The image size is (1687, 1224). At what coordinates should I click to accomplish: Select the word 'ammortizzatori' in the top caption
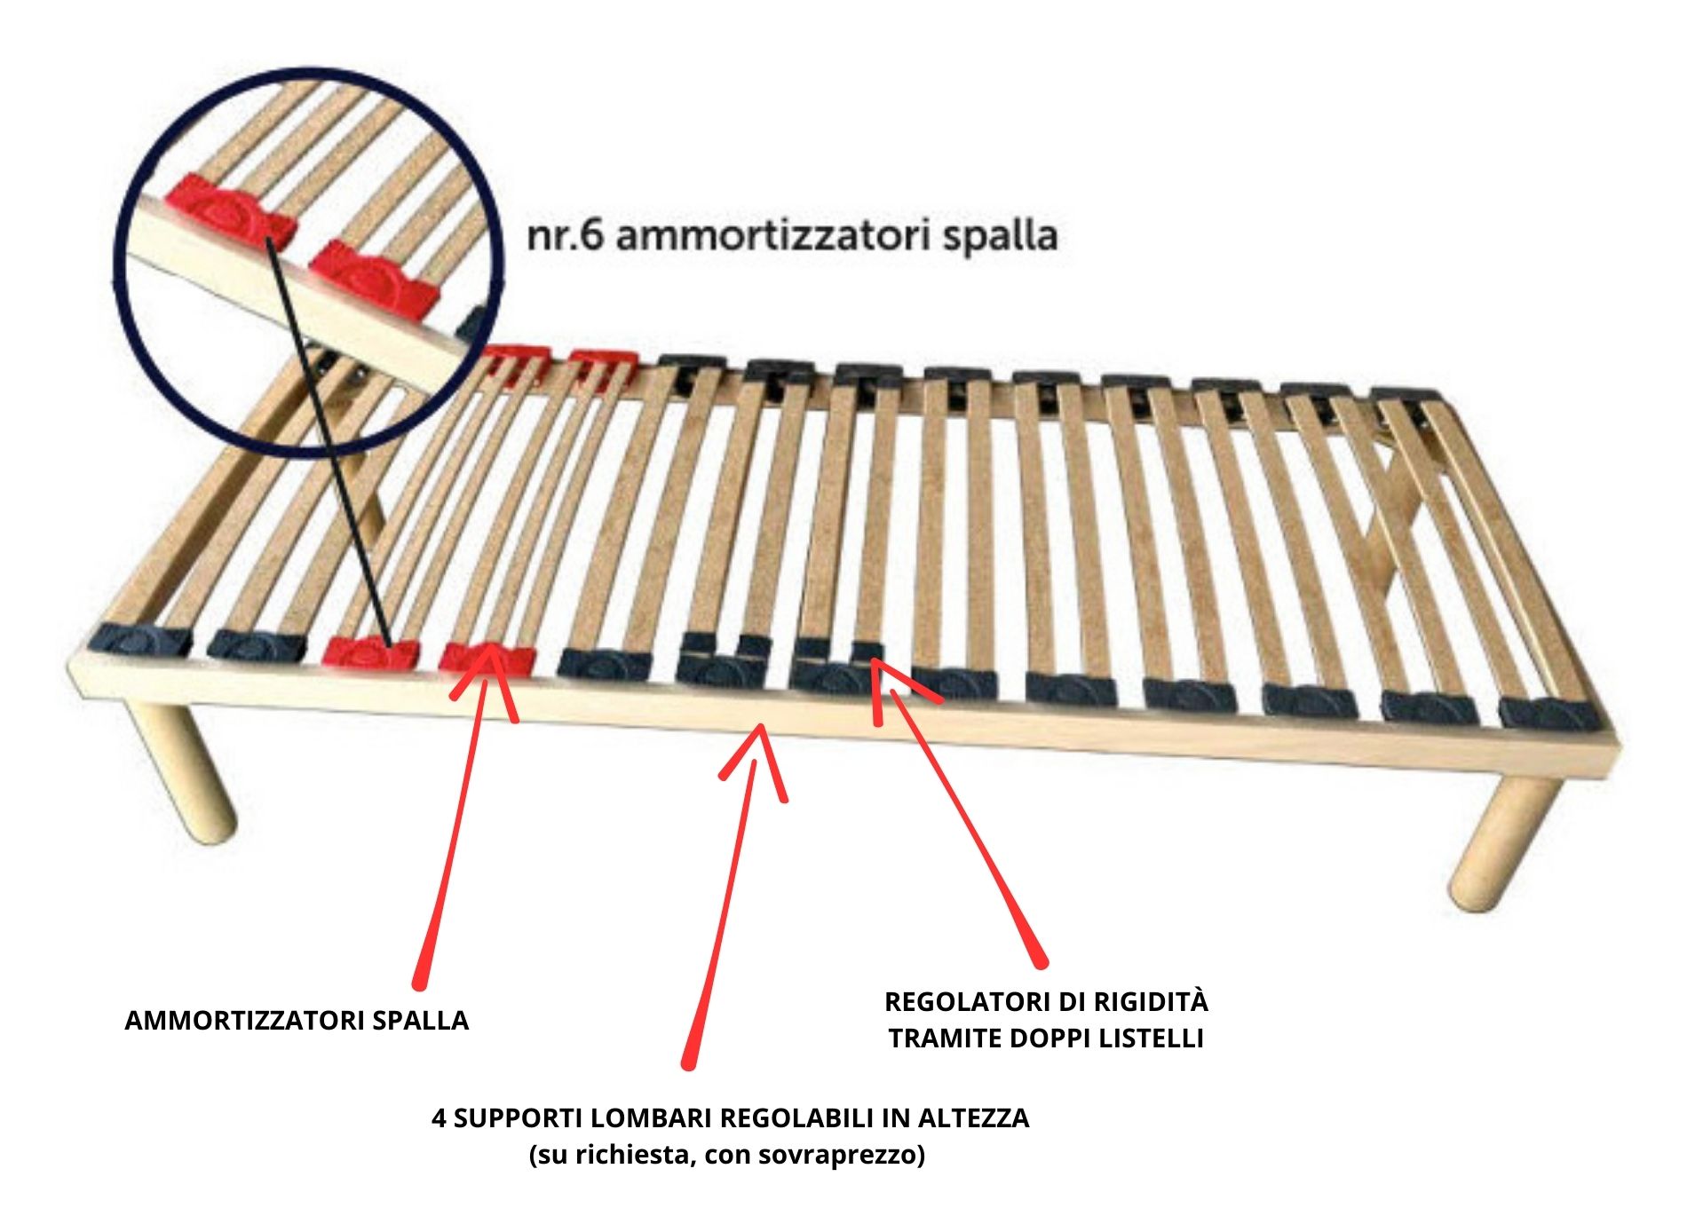tap(772, 236)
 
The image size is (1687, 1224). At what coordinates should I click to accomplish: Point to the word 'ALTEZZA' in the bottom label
tap(973, 1118)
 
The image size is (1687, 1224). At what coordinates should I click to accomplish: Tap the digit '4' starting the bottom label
tap(439, 1118)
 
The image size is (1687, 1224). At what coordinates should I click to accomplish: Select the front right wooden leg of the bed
tap(1501, 843)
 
